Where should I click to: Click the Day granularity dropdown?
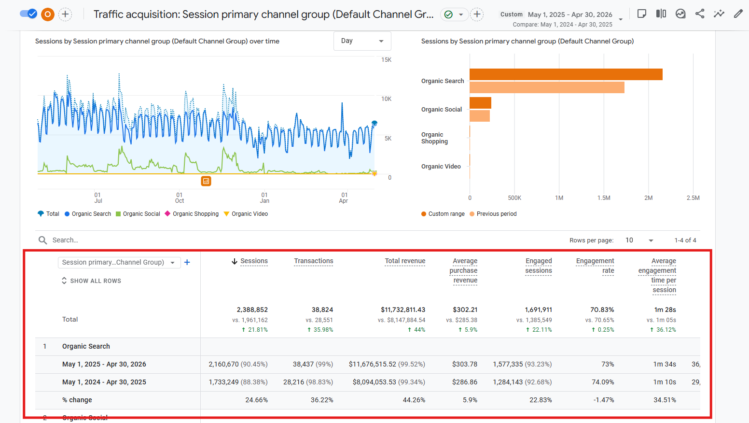tap(362, 41)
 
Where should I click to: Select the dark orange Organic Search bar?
tap(566, 74)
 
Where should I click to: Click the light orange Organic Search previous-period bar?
tap(547, 87)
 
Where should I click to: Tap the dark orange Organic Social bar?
tap(481, 103)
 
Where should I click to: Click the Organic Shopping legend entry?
tap(192, 214)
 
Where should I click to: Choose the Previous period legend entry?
tap(493, 214)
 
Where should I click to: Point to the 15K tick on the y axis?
tap(386, 59)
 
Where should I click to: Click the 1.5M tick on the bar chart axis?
tap(604, 198)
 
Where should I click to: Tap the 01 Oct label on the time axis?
tap(180, 198)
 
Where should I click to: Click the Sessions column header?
tap(254, 261)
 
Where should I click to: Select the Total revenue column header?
tap(405, 261)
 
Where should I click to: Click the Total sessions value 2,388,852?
tap(252, 310)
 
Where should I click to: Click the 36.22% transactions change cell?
tap(322, 400)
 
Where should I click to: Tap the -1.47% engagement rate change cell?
tap(603, 400)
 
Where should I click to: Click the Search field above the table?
tap(65, 240)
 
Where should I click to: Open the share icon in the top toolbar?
tap(699, 14)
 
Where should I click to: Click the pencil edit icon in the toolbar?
tap(738, 14)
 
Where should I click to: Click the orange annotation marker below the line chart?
tap(206, 181)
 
